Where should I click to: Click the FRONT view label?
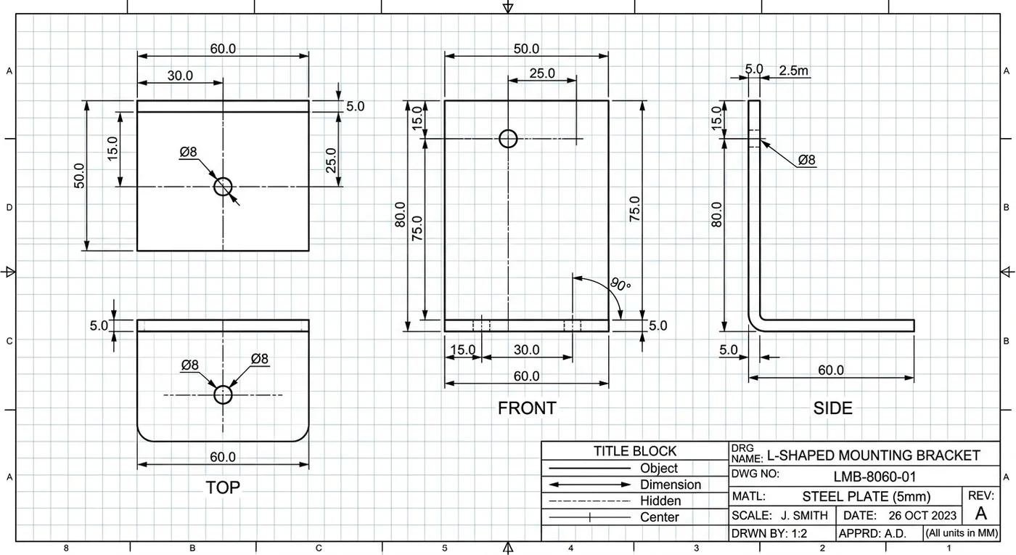point(527,408)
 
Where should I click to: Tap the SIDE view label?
point(833,408)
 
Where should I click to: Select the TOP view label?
point(223,487)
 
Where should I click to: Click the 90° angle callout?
point(620,284)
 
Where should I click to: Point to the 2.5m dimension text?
point(794,70)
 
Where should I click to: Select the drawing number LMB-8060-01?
point(875,477)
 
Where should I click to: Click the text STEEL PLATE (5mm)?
point(867,496)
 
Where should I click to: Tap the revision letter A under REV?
point(981,514)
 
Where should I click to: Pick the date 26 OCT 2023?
point(922,516)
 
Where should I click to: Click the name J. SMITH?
point(804,516)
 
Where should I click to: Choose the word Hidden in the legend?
point(660,501)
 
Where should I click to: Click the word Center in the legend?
point(660,516)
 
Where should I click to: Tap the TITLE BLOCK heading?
point(635,451)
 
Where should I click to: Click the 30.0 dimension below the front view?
point(527,349)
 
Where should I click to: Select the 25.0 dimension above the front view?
point(542,73)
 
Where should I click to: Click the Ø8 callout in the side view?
point(806,160)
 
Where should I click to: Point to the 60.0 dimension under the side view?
point(831,370)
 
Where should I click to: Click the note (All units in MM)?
point(962,532)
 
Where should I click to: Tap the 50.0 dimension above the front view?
point(526,49)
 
